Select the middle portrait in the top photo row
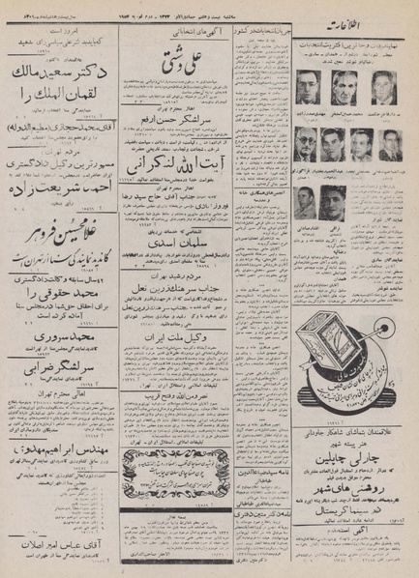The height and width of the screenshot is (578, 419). tap(344, 88)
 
